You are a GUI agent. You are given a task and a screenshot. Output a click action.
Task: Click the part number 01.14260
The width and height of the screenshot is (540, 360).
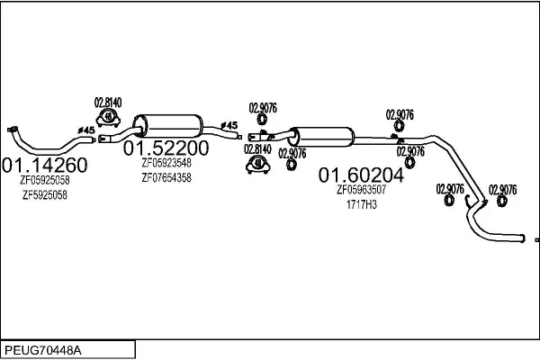point(44,165)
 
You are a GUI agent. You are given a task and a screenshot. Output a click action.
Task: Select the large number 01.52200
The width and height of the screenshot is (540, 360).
point(166,148)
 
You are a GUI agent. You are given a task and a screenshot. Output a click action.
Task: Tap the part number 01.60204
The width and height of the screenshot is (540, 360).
point(361,175)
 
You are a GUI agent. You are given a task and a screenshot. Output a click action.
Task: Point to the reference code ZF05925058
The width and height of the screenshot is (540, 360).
point(45,180)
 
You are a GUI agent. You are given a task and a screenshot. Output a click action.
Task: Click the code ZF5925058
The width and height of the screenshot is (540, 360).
point(45,195)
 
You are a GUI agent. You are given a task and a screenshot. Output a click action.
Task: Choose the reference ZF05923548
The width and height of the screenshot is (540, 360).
point(166,163)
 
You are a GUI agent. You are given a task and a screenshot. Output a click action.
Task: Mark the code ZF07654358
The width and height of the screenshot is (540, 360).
point(166,178)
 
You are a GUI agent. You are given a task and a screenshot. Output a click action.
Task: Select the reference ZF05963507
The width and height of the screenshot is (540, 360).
point(361,190)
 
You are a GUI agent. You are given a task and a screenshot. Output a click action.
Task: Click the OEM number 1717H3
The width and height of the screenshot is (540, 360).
point(362,204)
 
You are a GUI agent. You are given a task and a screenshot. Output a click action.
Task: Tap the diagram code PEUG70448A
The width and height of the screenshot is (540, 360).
point(43,351)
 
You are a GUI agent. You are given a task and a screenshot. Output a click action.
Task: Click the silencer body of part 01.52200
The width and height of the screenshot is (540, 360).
point(168,126)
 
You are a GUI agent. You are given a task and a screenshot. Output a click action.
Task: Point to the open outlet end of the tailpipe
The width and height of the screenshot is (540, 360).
point(523,238)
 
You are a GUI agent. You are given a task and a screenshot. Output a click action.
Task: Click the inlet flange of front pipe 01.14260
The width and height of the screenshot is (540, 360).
point(13,130)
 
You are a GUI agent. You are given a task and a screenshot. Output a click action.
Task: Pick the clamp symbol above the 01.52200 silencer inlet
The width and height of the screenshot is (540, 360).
point(108,117)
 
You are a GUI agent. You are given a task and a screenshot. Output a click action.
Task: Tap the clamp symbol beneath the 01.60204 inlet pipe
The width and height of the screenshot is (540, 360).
point(258,165)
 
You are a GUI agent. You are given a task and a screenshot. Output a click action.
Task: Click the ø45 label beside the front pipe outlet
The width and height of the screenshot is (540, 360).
point(86,130)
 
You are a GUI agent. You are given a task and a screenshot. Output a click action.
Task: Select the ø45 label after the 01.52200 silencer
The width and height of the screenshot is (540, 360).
point(229,125)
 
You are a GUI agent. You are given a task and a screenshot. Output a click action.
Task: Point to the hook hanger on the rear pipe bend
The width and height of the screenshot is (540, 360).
point(467,202)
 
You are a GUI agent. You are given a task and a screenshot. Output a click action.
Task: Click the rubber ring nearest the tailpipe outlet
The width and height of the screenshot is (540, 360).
point(502,201)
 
